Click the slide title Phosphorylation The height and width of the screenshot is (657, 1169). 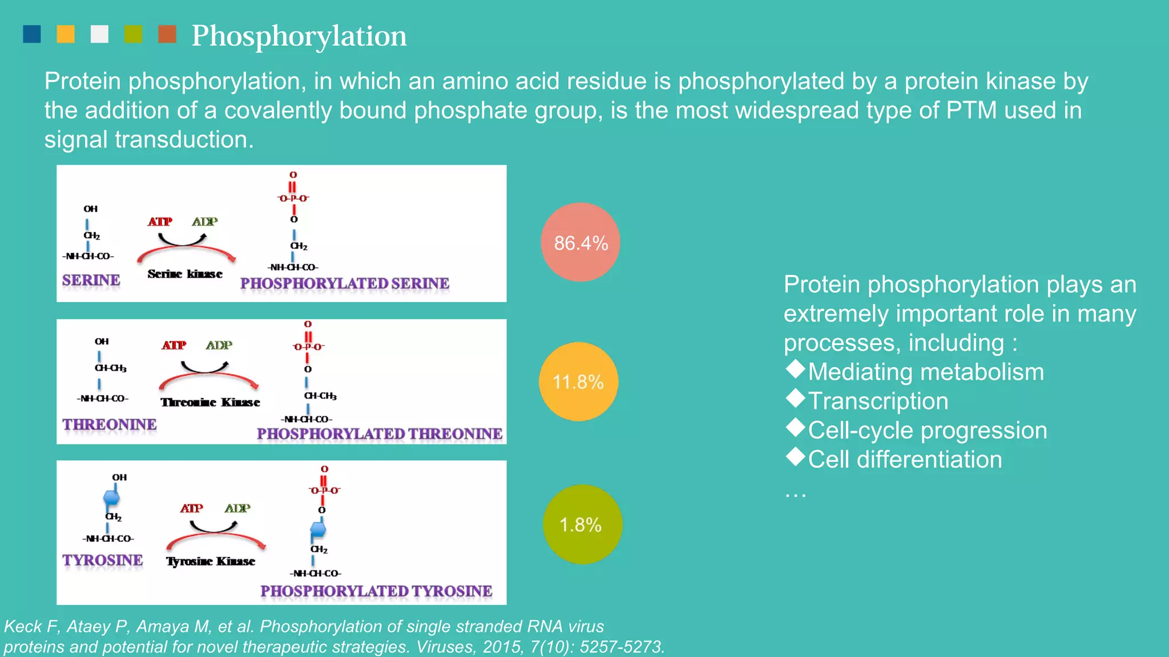299,36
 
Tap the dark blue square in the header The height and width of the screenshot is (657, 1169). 32,34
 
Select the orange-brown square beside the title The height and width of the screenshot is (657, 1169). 167,34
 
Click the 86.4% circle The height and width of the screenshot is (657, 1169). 581,242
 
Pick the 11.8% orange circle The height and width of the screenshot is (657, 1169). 578,382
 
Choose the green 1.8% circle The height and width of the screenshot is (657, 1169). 582,525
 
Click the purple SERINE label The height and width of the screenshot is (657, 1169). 91,280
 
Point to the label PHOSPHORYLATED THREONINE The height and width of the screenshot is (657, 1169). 380,434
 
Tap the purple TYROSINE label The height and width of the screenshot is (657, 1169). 103,560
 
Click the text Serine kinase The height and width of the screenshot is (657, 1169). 185,274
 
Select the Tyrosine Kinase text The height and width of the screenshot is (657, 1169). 211,562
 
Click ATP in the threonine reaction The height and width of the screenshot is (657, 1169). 174,345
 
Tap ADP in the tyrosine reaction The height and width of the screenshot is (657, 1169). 237,508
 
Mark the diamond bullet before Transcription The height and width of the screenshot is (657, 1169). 795,398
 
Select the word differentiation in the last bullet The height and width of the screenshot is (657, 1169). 929,460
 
